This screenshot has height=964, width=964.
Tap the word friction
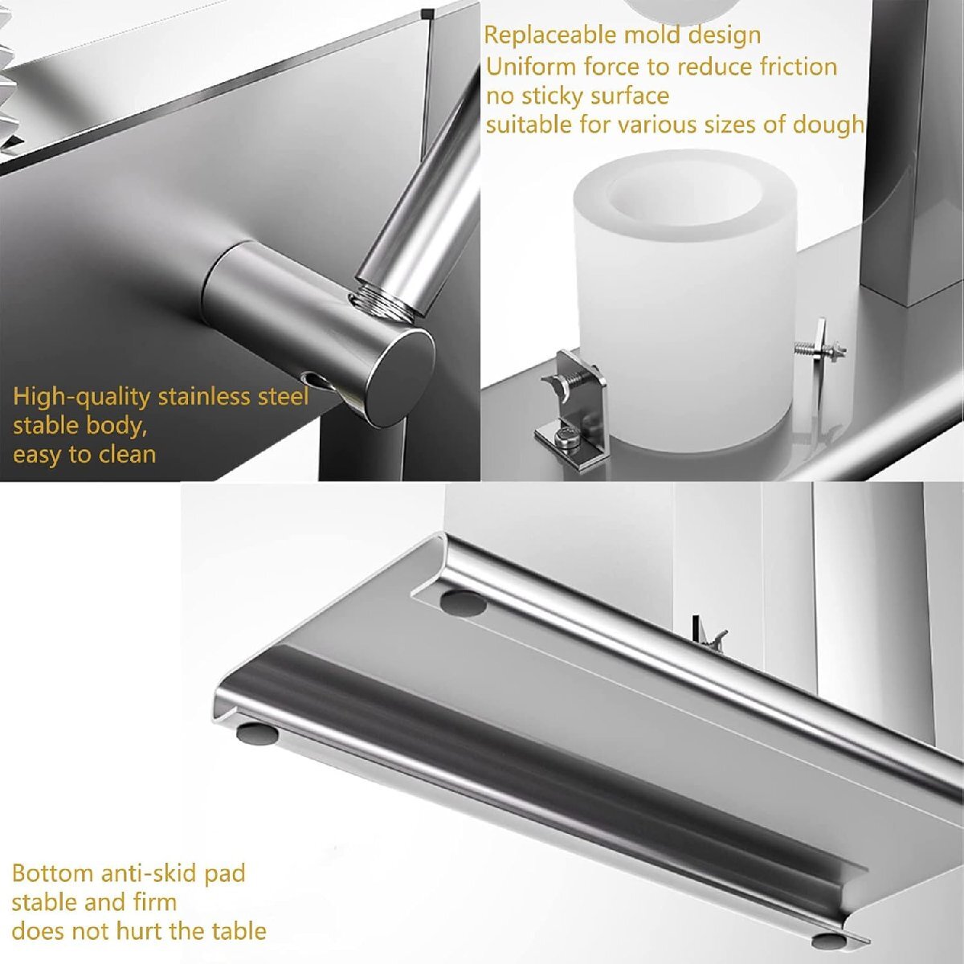tap(798, 67)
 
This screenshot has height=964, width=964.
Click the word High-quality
tap(82, 398)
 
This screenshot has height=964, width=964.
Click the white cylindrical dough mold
tap(682, 300)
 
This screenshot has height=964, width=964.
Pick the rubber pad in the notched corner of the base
tap(464, 602)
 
